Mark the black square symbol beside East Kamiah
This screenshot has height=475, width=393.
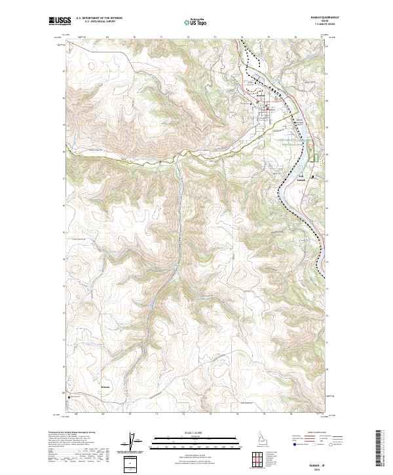312,176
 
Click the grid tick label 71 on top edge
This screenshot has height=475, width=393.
160,37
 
